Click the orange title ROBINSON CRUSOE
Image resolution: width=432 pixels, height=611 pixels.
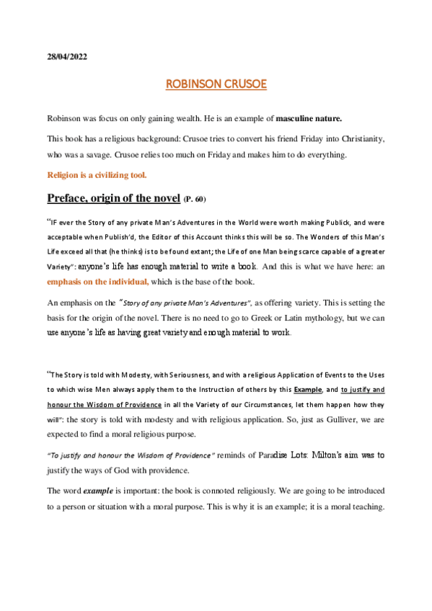click(x=216, y=84)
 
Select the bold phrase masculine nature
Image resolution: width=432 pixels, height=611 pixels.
click(x=310, y=117)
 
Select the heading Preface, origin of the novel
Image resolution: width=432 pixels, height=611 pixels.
click(x=114, y=197)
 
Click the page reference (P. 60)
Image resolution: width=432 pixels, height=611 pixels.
click(x=199, y=199)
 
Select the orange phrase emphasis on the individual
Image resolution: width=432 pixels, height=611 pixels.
click(x=99, y=282)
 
